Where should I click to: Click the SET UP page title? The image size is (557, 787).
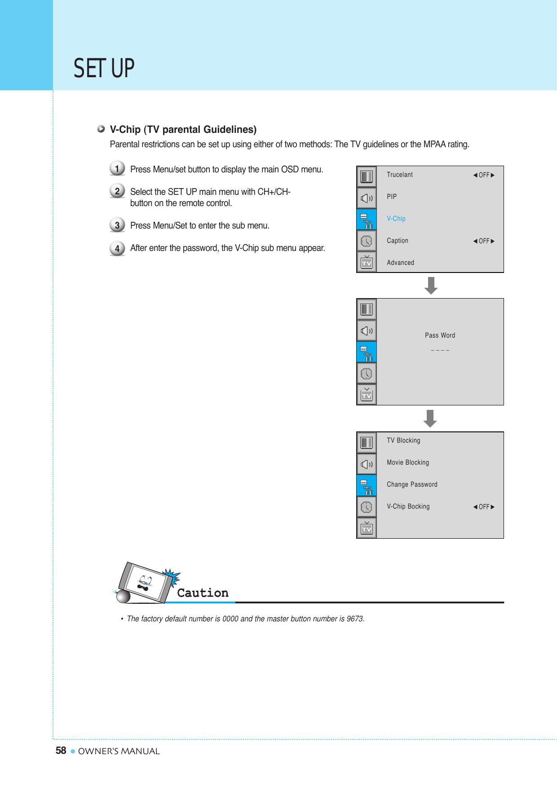104,69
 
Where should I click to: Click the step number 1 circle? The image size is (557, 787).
117,168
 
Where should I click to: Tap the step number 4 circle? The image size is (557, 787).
117,248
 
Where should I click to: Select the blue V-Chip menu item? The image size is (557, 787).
396,219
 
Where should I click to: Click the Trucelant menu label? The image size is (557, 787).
399,175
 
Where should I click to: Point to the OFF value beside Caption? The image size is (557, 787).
484,241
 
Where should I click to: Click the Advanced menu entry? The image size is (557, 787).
400,263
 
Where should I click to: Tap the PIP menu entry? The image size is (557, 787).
392,197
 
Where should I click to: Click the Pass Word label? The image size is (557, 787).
440,335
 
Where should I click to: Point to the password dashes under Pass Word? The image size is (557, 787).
440,350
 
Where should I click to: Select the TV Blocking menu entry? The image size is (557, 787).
403,440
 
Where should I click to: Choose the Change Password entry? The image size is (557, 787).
412,484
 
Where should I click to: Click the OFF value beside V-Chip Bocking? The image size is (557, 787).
484,507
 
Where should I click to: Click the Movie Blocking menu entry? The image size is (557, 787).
407,462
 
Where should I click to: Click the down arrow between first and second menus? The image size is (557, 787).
431,286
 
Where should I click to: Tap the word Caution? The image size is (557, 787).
203,593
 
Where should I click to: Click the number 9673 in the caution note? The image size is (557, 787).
355,619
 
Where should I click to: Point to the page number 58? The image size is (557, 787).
61,751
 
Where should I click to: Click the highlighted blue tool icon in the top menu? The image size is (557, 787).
367,220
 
